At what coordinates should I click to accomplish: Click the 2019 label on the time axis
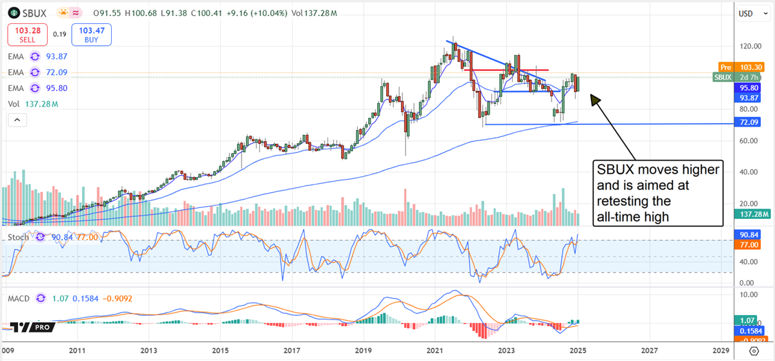[363, 351]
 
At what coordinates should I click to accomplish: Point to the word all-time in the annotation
[625, 218]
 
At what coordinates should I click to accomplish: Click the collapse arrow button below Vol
[17, 119]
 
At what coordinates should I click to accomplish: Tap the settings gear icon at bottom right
[753, 351]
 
